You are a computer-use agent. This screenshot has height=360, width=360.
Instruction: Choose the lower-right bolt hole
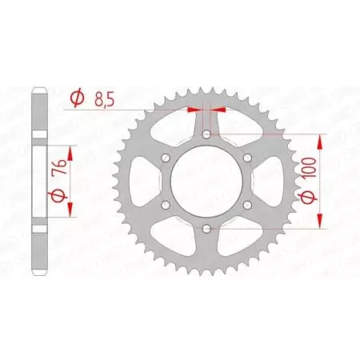pos(247,206)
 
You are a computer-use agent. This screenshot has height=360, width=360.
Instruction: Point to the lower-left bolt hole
pos(166,206)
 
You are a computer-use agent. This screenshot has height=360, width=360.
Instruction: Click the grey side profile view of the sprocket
pos(36,182)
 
